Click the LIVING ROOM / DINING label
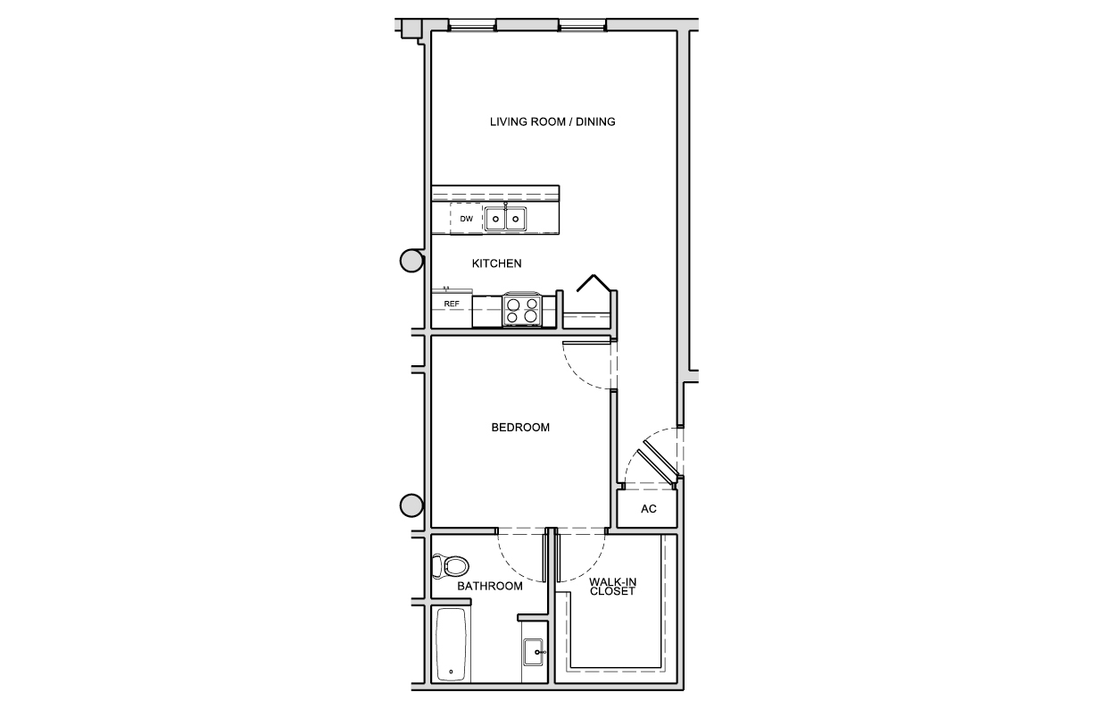click(552, 121)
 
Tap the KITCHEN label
click(496, 263)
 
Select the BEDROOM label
click(520, 428)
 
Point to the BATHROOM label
click(490, 586)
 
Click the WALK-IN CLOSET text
click(612, 587)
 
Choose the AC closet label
click(648, 509)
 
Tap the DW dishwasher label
click(466, 219)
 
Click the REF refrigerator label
click(452, 304)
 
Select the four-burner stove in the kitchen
click(522, 310)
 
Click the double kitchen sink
click(505, 219)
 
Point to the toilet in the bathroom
click(450, 566)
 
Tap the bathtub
click(451, 645)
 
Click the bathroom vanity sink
click(534, 652)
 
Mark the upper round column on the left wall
click(411, 261)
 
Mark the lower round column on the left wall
click(411, 505)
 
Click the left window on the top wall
click(472, 25)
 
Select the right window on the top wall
click(582, 25)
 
